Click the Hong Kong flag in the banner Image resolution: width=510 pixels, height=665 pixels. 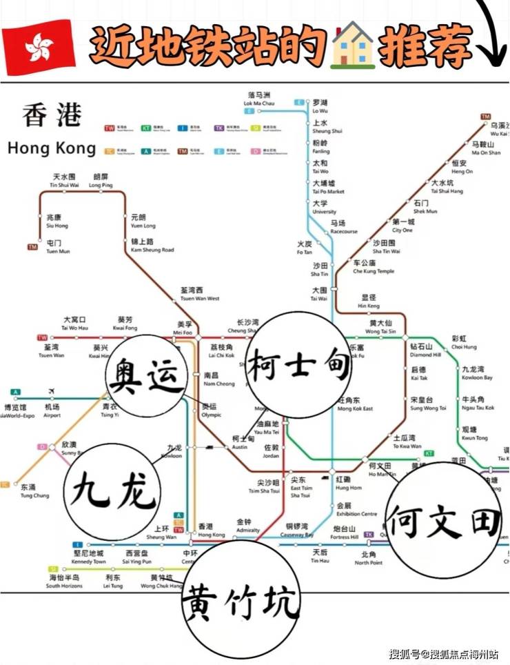[x=39, y=47]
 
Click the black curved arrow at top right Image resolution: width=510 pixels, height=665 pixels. [x=493, y=34]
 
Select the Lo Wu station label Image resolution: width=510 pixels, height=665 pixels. [x=320, y=106]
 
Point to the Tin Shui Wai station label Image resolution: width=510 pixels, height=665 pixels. [x=64, y=181]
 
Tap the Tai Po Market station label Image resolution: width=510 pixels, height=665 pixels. [x=327, y=187]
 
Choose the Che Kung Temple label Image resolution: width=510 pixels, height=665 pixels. [x=374, y=267]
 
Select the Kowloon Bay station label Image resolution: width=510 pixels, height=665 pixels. [x=477, y=373]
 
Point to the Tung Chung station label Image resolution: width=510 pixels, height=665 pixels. [x=34, y=491]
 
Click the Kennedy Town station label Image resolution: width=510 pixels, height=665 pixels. [x=88, y=557]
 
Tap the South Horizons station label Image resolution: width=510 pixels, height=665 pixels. [x=63, y=581]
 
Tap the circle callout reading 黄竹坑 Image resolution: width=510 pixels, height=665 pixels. [x=241, y=597]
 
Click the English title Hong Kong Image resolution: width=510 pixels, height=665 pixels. [x=52, y=148]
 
